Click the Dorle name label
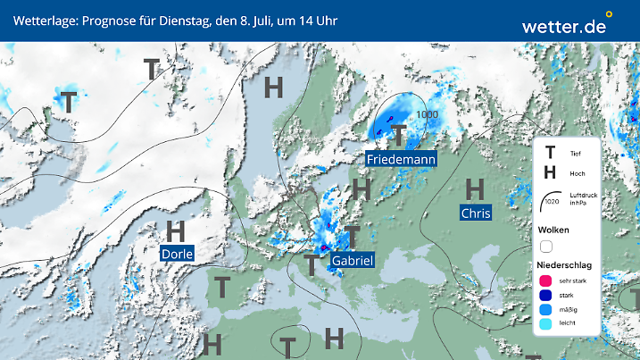click(x=176, y=254)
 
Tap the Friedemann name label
click(x=401, y=160)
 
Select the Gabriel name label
click(x=352, y=260)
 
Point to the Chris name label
click(x=476, y=213)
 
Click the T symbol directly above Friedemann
click(x=399, y=135)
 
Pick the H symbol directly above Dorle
click(x=175, y=231)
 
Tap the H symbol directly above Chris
click(x=475, y=188)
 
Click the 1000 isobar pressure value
click(x=427, y=114)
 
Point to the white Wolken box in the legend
click(x=546, y=246)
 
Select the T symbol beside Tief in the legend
click(x=550, y=153)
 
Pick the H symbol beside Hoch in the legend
click(x=550, y=173)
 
